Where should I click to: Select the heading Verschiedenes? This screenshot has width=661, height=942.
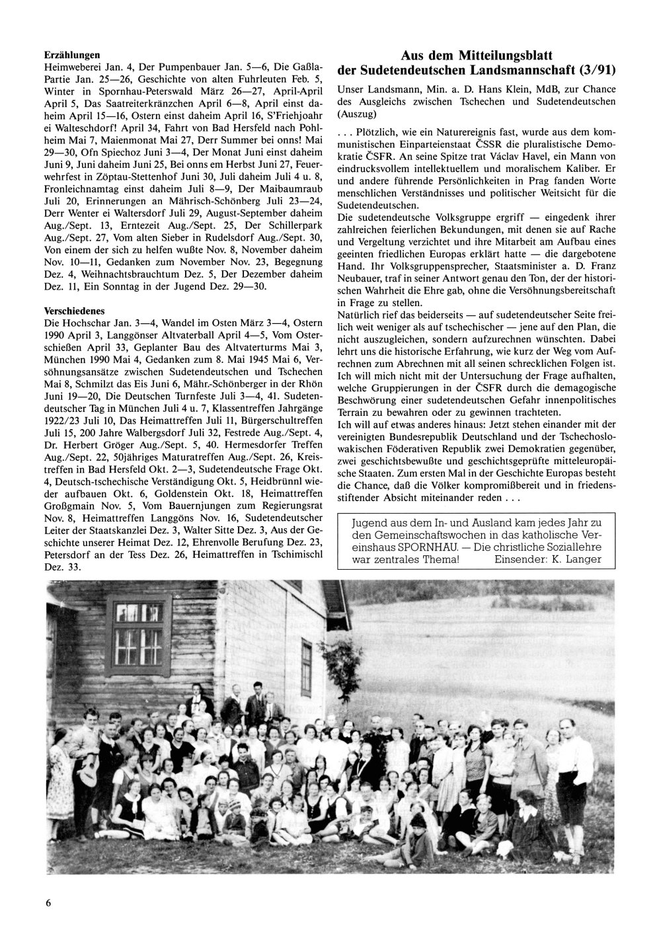coord(74,311)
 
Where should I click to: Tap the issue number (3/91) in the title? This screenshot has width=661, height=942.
coord(596,70)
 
